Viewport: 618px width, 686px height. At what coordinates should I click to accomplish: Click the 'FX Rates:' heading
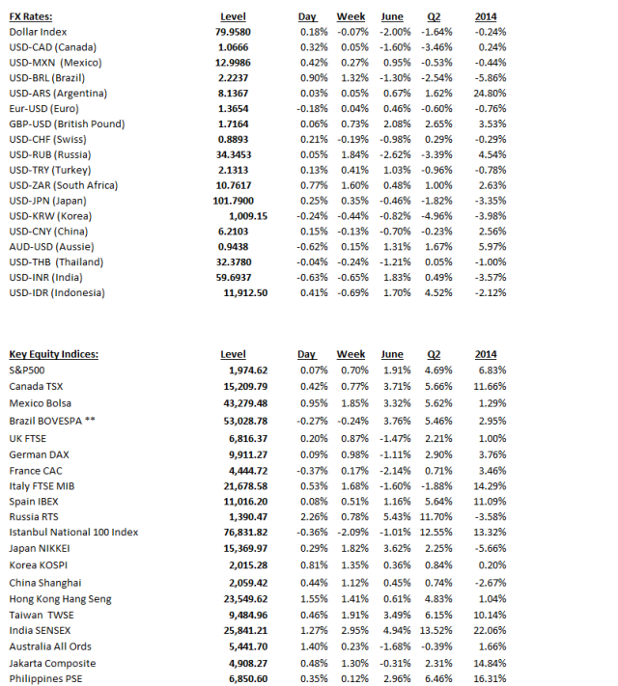[31, 16]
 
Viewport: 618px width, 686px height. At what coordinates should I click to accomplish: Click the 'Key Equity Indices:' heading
[53, 354]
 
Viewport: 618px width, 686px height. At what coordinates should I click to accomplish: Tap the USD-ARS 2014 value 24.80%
[491, 94]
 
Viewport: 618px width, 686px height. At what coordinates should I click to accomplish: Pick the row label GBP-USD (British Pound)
[67, 124]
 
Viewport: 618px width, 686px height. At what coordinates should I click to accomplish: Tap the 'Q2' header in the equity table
[433, 354]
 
